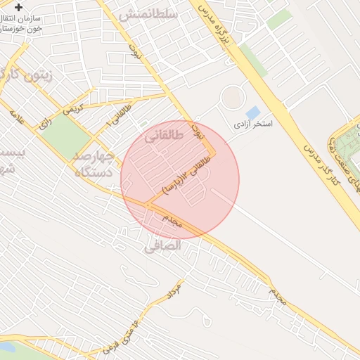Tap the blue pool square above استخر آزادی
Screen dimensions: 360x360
click(x=252, y=112)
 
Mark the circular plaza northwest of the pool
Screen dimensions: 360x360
click(x=233, y=97)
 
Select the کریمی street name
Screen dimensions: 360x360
click(x=73, y=110)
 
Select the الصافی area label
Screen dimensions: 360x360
click(x=162, y=246)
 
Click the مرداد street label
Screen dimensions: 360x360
click(x=174, y=290)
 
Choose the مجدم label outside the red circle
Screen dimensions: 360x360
click(x=277, y=299)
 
